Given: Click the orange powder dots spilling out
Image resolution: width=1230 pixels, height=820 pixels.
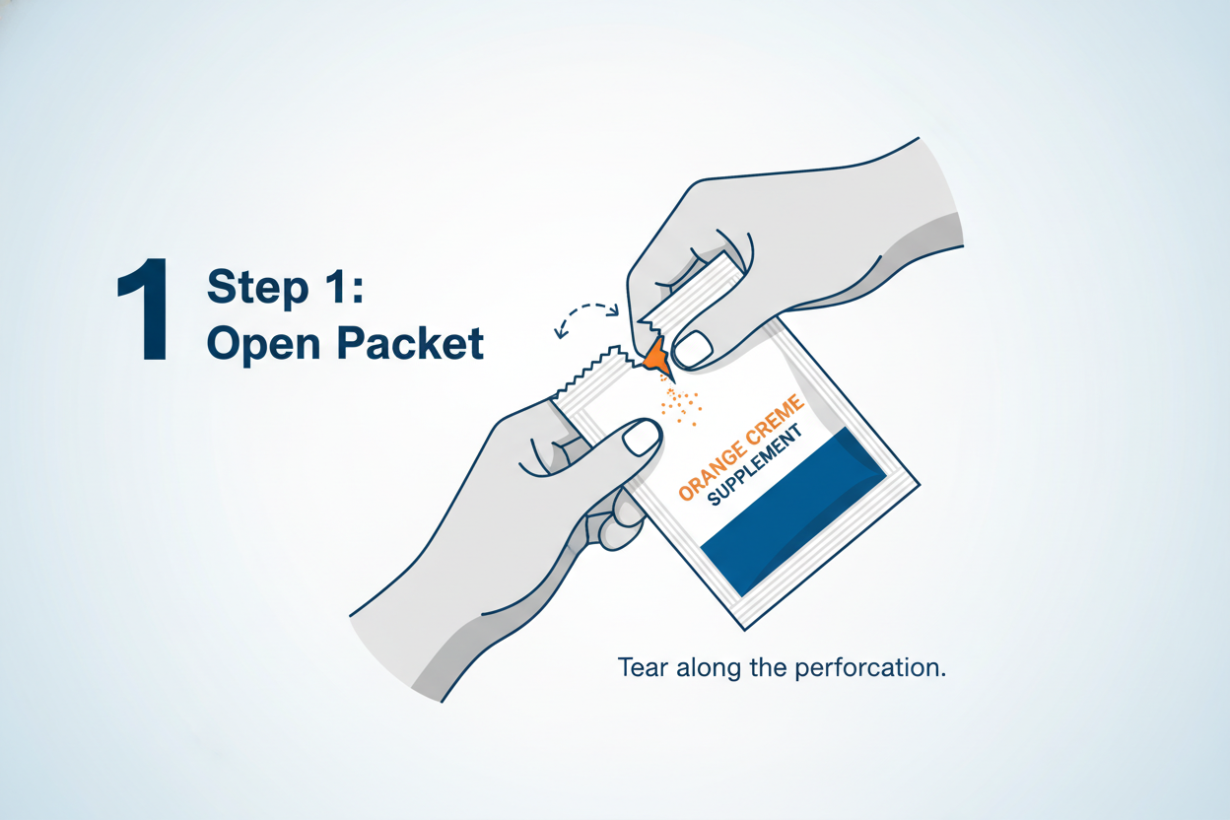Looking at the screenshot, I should pyautogui.click(x=679, y=405).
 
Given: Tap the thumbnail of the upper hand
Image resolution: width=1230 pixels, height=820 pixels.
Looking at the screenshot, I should pyautogui.click(x=694, y=346).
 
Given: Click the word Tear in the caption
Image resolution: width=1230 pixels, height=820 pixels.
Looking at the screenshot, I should pyautogui.click(x=642, y=667).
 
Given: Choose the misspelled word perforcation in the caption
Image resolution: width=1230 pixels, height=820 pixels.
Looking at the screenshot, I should pyautogui.click(x=875, y=667).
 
